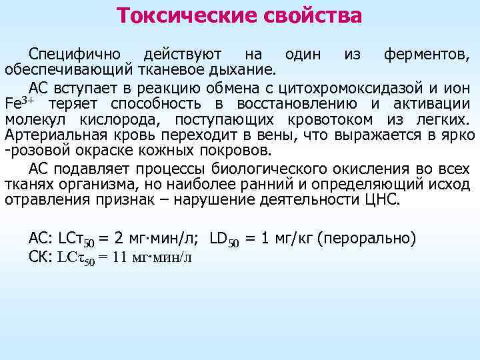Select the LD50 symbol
pos(223,238)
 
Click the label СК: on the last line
pos(41,257)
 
